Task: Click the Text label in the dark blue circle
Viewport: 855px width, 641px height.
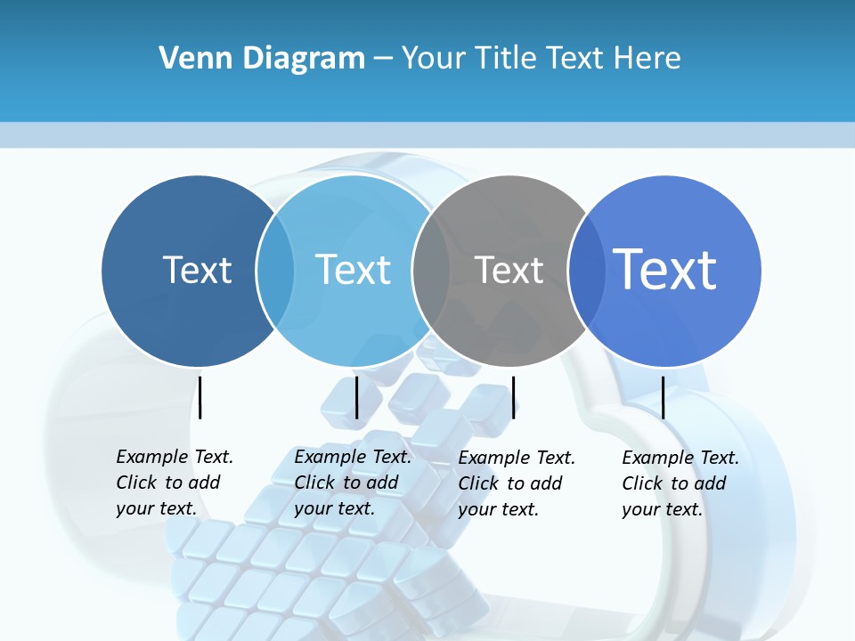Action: (x=197, y=270)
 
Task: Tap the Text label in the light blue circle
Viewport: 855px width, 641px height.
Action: (x=353, y=270)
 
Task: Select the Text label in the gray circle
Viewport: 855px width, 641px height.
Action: (x=509, y=270)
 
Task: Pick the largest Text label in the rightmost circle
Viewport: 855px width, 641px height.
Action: (x=664, y=270)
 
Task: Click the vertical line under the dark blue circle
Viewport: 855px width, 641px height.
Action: (x=200, y=397)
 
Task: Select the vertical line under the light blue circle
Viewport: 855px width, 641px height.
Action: (x=356, y=397)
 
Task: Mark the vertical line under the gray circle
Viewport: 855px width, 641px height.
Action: (x=513, y=397)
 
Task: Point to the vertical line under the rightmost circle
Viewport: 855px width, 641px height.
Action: (x=663, y=397)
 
